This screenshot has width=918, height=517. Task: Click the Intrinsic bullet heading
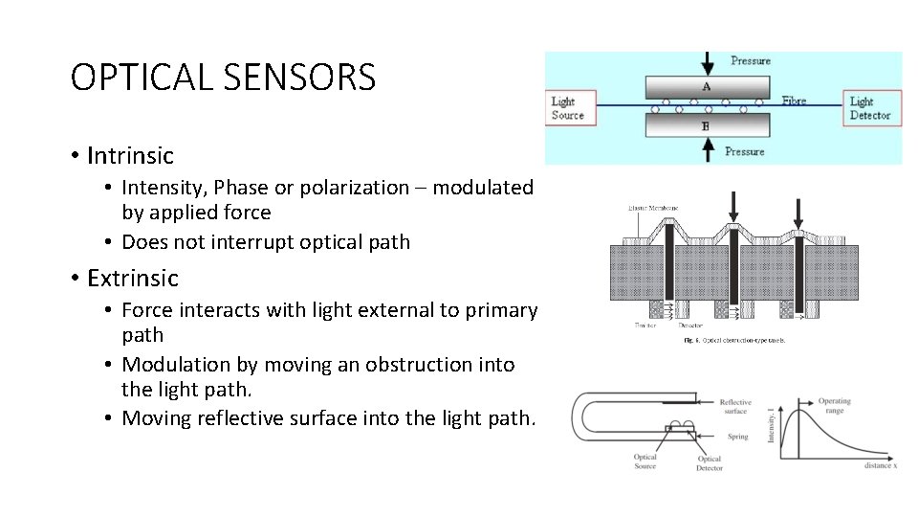[130, 155]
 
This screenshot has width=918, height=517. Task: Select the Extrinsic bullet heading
[132, 279]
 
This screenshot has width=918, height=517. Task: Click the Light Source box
[569, 108]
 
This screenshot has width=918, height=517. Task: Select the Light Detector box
[870, 108]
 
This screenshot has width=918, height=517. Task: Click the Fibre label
[794, 100]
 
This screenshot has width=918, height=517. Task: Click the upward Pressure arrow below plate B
[706, 149]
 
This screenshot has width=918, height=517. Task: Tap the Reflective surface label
[735, 408]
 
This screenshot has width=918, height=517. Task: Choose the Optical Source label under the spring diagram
[646, 462]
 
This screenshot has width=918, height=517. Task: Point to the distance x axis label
[879, 464]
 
